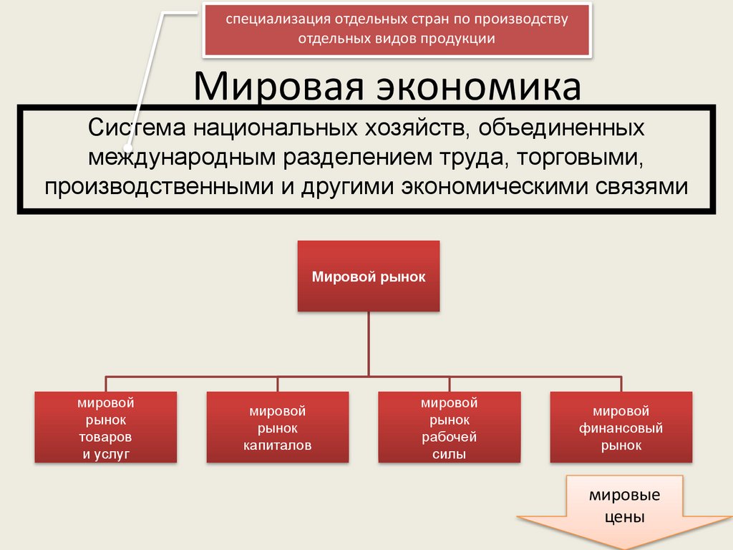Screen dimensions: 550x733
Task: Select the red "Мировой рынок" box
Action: click(368, 276)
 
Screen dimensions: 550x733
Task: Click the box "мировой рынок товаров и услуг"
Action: click(106, 428)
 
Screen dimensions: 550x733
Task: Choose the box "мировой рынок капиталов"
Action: click(277, 428)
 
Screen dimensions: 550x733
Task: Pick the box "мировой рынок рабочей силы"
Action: click(449, 428)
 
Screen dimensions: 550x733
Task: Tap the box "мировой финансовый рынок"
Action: click(621, 428)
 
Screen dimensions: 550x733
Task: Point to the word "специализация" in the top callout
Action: click(269, 19)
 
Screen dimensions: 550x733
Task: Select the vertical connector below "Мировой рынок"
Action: click(368, 344)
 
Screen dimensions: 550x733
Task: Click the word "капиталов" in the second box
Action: click(277, 445)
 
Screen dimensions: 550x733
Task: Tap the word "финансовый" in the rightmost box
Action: click(621, 428)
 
